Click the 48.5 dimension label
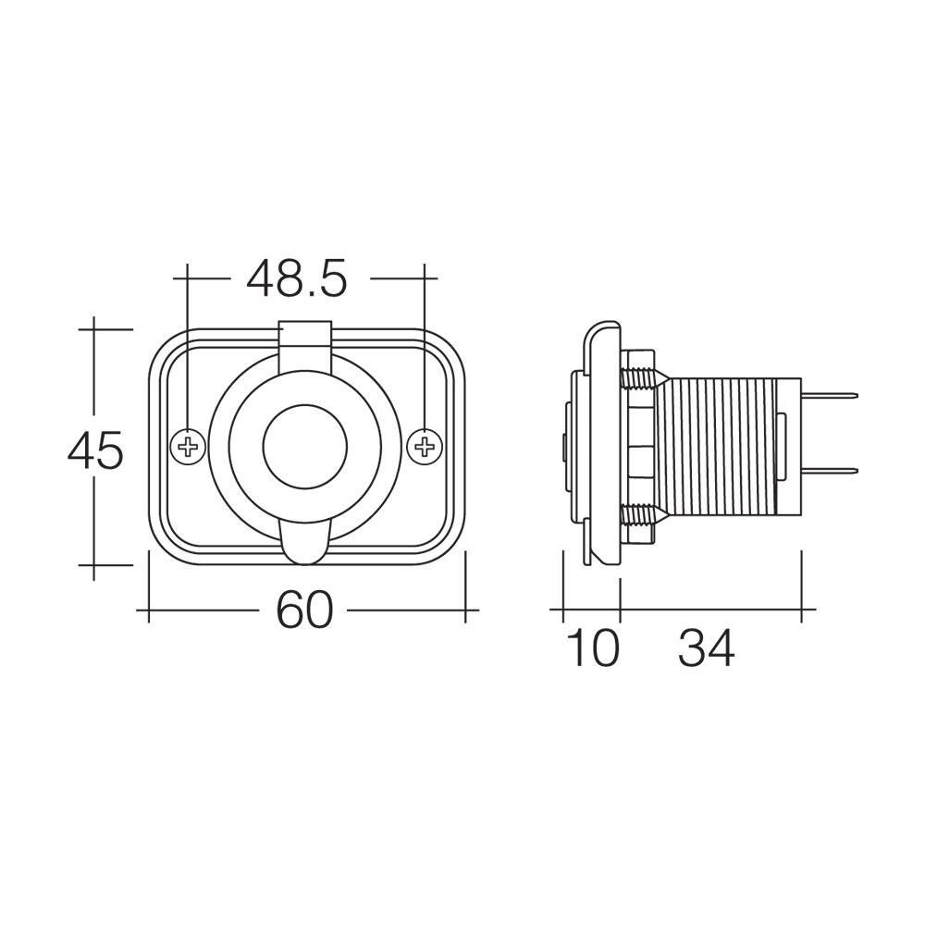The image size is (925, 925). pyautogui.click(x=296, y=278)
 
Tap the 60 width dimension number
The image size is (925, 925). pyautogui.click(x=304, y=611)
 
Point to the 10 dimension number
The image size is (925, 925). pyautogui.click(x=591, y=648)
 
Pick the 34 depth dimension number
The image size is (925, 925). pyautogui.click(x=707, y=648)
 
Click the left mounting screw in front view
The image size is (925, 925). pyautogui.click(x=188, y=448)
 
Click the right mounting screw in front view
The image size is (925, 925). pyautogui.click(x=425, y=448)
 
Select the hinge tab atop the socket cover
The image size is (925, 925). pyautogui.click(x=305, y=342)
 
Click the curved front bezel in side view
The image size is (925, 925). pyautogui.click(x=599, y=444)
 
